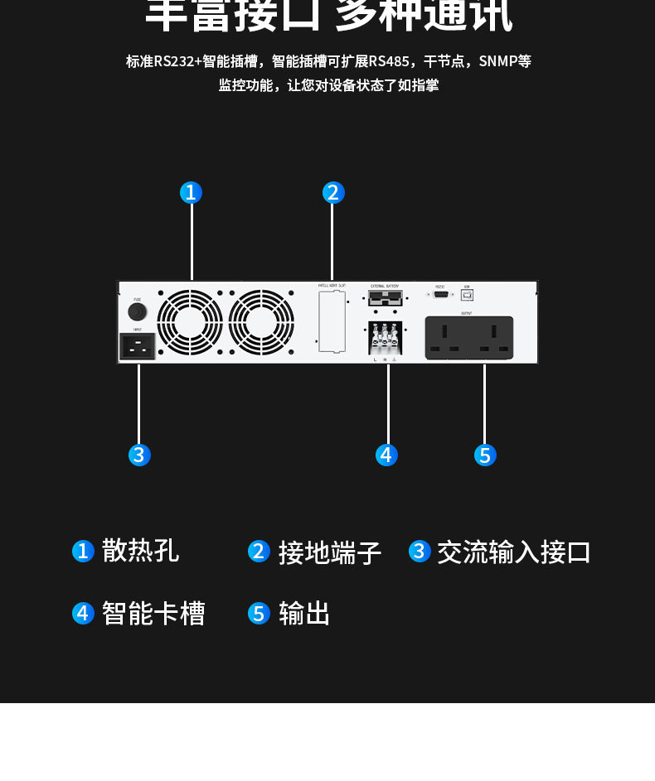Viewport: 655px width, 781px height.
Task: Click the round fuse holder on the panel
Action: pyautogui.click(x=137, y=311)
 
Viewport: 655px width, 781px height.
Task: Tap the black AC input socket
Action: pyautogui.click(x=138, y=346)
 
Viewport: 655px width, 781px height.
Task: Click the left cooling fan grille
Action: pyautogui.click(x=190, y=322)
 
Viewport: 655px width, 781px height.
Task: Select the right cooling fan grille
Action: pyautogui.click(x=261, y=322)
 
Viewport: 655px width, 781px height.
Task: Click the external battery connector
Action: pyautogui.click(x=385, y=298)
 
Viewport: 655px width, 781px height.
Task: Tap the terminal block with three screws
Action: pyautogui.click(x=386, y=338)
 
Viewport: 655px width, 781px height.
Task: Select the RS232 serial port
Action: pyautogui.click(x=440, y=294)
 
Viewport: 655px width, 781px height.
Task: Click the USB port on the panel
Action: pyautogui.click(x=468, y=294)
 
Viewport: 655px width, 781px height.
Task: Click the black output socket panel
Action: pyautogui.click(x=468, y=338)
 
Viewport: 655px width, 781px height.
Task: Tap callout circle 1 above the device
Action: pyautogui.click(x=192, y=193)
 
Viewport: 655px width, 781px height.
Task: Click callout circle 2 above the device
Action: pyautogui.click(x=333, y=193)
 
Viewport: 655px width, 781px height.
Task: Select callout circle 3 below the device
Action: pyautogui.click(x=139, y=455)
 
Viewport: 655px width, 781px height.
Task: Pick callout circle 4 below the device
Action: pyautogui.click(x=386, y=455)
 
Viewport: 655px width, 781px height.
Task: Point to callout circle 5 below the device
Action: pyautogui.click(x=485, y=455)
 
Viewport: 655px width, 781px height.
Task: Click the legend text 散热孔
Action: pyautogui.click(x=140, y=551)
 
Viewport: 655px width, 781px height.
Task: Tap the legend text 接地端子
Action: pyautogui.click(x=329, y=552)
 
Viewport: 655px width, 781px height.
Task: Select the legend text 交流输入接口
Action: pyautogui.click(x=513, y=552)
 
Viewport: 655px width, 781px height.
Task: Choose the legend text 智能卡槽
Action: pyautogui.click(x=153, y=614)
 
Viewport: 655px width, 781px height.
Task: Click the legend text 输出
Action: pyautogui.click(x=304, y=614)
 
